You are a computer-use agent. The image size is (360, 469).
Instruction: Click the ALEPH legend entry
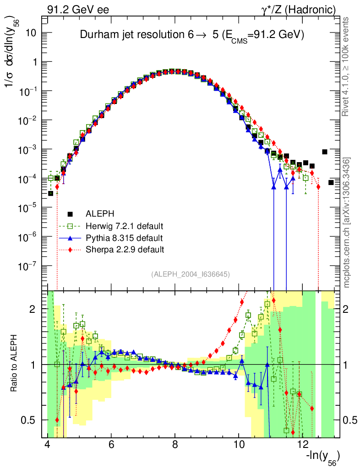pos(99,214)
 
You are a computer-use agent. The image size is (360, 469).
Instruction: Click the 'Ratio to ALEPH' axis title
pos(15,364)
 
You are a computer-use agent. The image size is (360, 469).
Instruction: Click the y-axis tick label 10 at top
pos(31,33)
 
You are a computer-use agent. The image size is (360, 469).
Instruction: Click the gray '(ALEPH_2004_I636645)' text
pos(190,274)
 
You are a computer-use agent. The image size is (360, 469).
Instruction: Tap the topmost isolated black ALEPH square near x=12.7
pos(325,152)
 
